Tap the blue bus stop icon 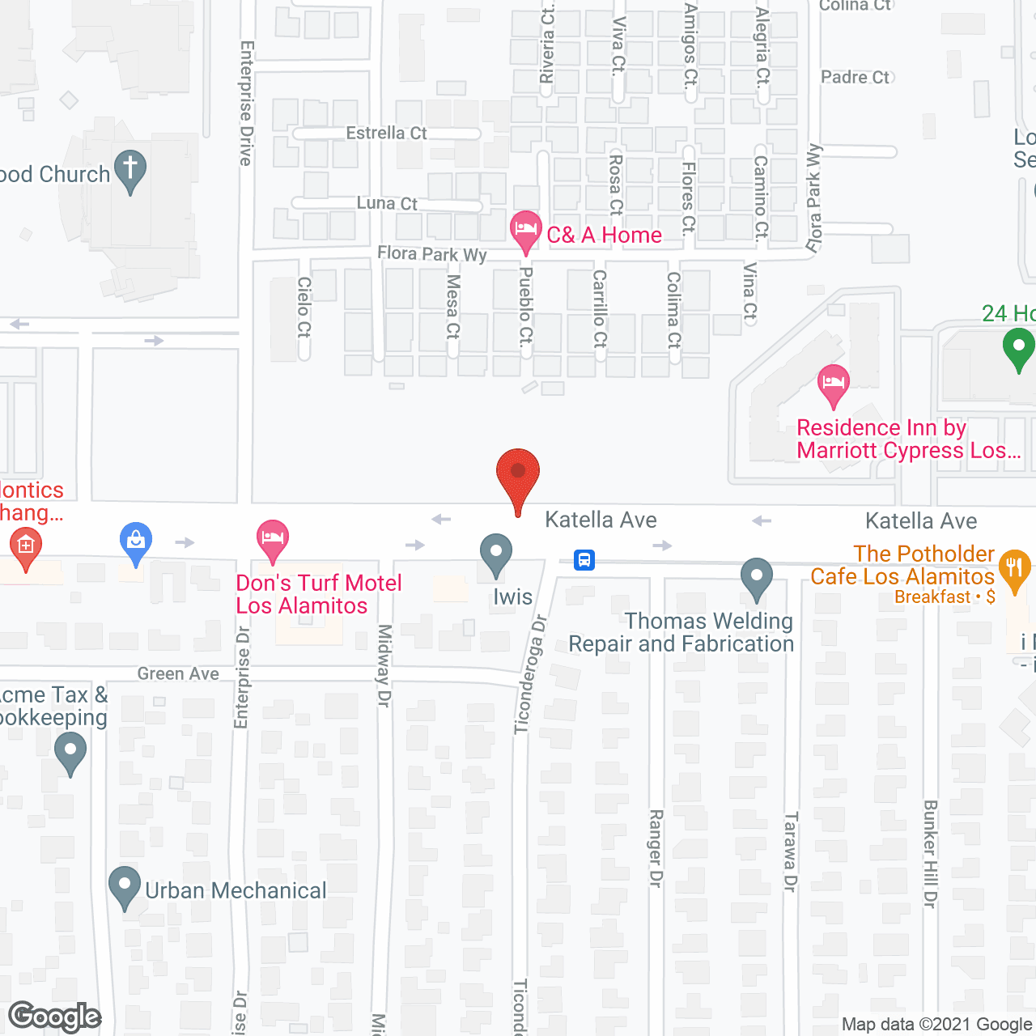point(584,559)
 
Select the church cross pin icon point(129,171)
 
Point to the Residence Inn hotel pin point(833,384)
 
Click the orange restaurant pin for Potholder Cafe point(1014,569)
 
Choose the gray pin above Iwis point(496,554)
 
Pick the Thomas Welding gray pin point(757,578)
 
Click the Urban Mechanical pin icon point(125,887)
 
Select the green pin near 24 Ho point(1018,350)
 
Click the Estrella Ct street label point(386,133)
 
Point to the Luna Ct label point(387,203)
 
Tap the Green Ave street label point(178,673)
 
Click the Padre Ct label point(855,77)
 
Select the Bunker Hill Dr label point(930,853)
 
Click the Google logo point(55,1017)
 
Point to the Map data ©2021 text point(937,1025)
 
